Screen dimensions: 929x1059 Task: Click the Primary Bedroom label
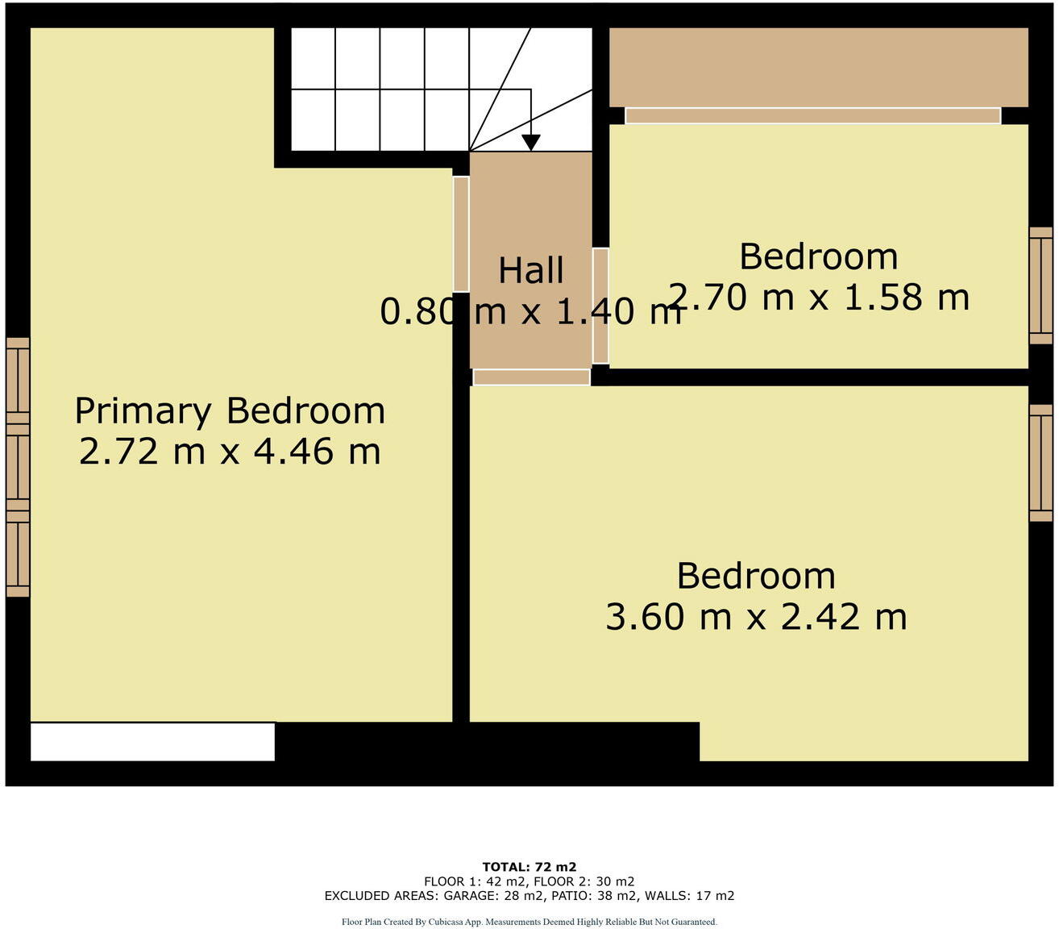[x=230, y=410]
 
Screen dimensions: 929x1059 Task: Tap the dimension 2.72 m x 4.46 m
[x=230, y=451]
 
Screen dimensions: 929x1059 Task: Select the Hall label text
[x=530, y=270]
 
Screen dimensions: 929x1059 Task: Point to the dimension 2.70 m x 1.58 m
[x=819, y=298]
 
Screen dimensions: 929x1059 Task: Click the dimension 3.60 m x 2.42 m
[x=756, y=617]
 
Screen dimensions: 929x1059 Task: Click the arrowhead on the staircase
[x=530, y=142]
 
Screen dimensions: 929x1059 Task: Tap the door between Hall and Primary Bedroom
[x=461, y=234]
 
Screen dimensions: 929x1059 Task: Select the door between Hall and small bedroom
[x=600, y=306]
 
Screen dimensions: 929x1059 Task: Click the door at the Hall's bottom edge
[x=531, y=377]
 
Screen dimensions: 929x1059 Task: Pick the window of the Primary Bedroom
[x=18, y=467]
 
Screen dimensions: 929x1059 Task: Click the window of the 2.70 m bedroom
[x=1040, y=285]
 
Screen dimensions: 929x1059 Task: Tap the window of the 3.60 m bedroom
[x=1040, y=462]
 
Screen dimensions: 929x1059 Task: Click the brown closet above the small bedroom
[x=818, y=67]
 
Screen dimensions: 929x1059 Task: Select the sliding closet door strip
[x=812, y=116]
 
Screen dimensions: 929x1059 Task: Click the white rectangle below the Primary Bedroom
[x=152, y=741]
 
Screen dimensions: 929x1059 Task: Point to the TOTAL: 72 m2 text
[x=529, y=868]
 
